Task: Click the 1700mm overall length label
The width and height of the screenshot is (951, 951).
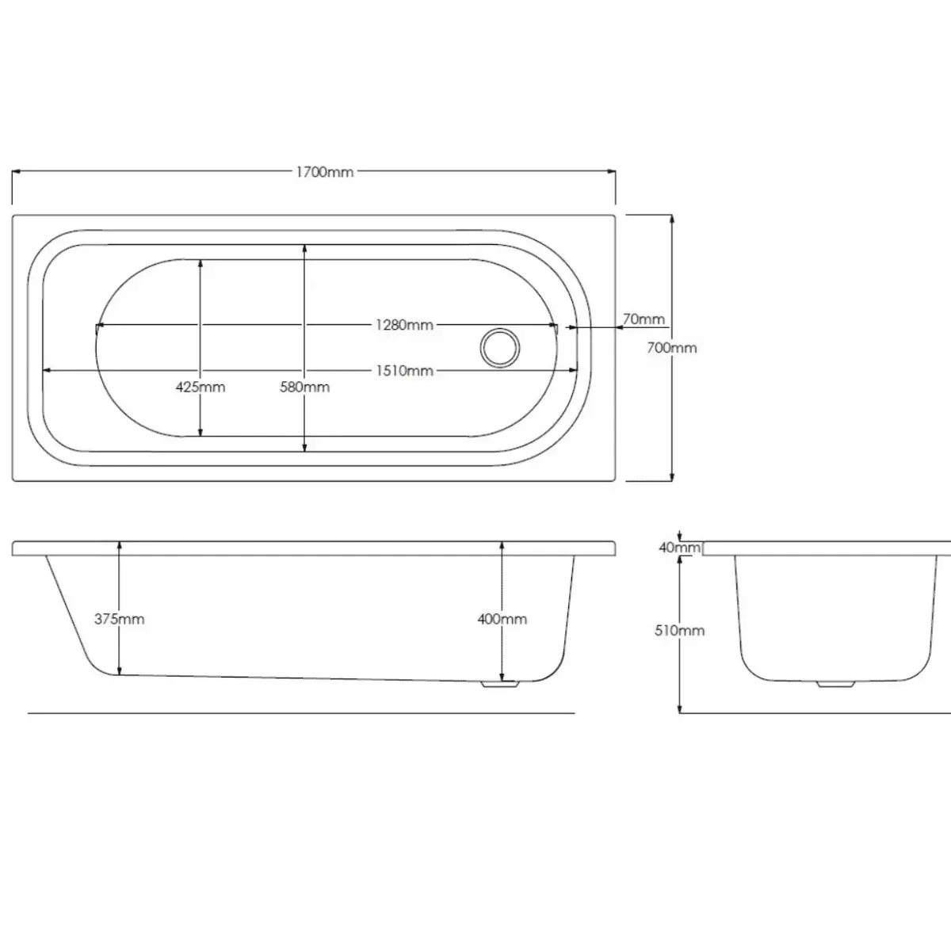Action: click(x=325, y=172)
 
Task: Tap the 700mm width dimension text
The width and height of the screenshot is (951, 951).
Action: click(x=672, y=348)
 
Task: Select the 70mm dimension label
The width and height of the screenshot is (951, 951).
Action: click(x=644, y=319)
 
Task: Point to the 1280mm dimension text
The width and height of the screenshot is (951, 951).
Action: click(x=404, y=325)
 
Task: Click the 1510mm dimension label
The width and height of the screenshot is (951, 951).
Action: click(x=405, y=371)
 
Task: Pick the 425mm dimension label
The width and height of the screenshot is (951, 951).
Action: click(x=201, y=387)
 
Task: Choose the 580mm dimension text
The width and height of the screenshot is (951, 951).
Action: click(x=304, y=387)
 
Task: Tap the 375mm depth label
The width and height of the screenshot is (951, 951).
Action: click(x=120, y=619)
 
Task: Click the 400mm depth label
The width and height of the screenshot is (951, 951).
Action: click(x=502, y=619)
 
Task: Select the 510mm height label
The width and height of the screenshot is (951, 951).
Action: click(x=679, y=630)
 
